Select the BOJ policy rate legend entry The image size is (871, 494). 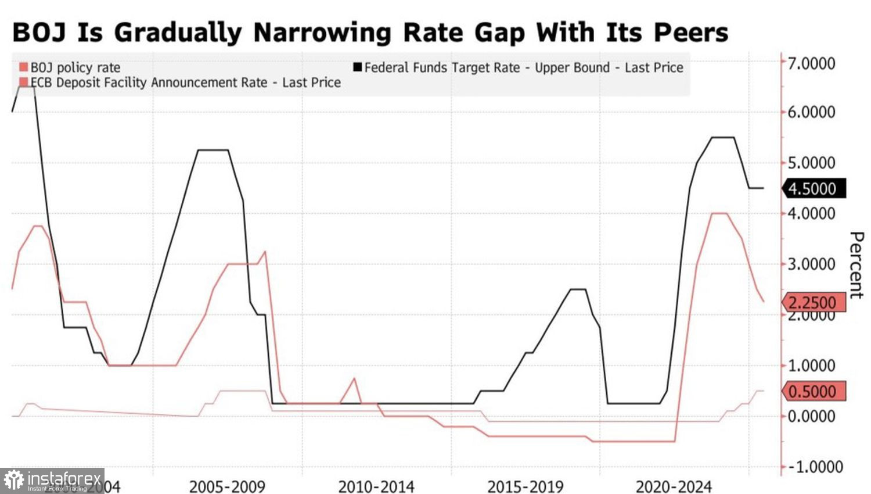[75, 67]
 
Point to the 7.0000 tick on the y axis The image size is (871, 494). [811, 63]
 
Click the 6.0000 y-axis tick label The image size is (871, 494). [811, 112]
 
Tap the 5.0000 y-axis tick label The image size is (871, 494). [811, 163]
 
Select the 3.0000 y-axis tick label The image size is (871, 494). [811, 264]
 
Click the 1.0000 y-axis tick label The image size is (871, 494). [811, 366]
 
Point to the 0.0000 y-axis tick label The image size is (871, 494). [811, 416]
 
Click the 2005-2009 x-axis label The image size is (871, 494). [227, 486]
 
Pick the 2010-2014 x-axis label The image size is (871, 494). [376, 486]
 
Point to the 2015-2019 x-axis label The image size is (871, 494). [526, 486]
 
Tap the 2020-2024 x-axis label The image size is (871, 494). [674, 486]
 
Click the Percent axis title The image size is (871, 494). [856, 265]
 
